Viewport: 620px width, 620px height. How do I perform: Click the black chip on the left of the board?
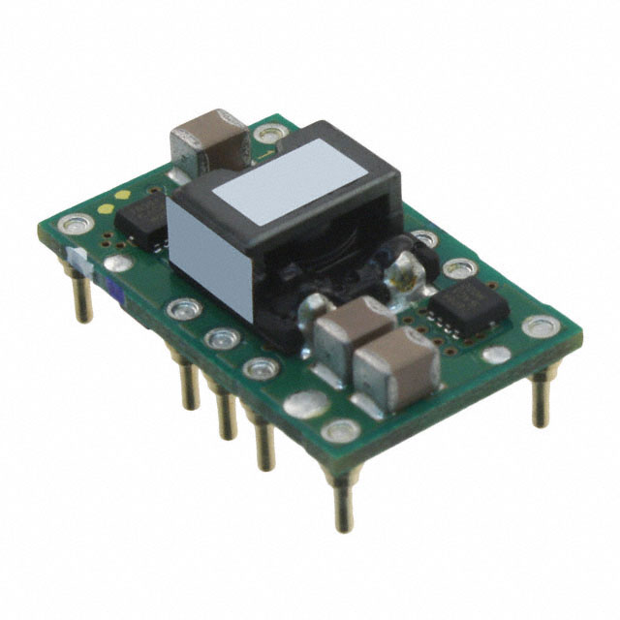(141, 216)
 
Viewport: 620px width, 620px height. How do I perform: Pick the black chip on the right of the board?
(468, 307)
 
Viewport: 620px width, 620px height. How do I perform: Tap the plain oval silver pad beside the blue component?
(118, 263)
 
